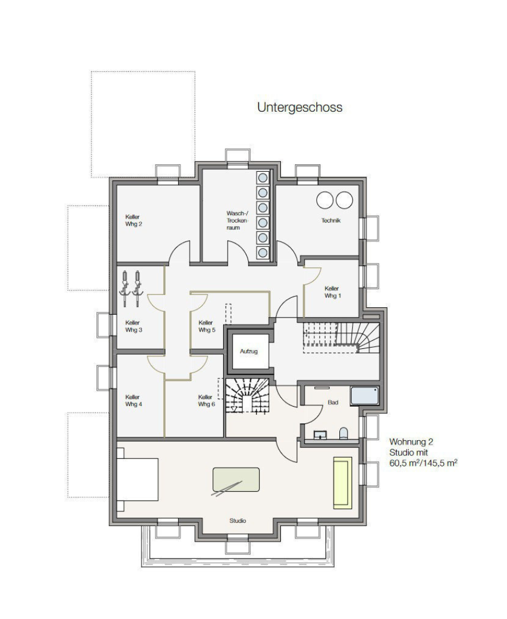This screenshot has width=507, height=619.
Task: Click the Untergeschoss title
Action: (300, 108)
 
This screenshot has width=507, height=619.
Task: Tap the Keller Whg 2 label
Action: (134, 220)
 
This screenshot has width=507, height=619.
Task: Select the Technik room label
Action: (331, 220)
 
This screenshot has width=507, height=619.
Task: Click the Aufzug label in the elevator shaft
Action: (249, 351)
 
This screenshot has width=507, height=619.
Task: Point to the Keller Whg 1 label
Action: (332, 292)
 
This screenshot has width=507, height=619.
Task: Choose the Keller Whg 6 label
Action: (206, 401)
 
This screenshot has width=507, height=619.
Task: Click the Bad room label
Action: (333, 403)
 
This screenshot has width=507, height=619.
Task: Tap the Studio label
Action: (238, 521)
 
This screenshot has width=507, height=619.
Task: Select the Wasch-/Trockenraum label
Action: (236, 220)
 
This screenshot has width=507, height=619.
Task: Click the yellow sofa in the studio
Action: (342, 483)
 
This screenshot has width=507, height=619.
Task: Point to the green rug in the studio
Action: (236, 480)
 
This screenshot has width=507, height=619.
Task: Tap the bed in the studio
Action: (138, 480)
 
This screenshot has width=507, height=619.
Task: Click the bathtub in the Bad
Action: (365, 396)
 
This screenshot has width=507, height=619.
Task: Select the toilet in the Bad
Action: (343, 433)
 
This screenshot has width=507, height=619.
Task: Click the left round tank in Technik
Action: (325, 201)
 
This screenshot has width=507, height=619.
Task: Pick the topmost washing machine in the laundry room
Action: (262, 178)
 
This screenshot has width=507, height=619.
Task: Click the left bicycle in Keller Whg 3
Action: (125, 289)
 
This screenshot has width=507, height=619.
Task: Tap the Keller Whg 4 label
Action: (134, 401)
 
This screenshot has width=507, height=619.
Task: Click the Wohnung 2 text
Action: (411, 442)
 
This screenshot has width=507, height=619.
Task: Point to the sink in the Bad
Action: (320, 434)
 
